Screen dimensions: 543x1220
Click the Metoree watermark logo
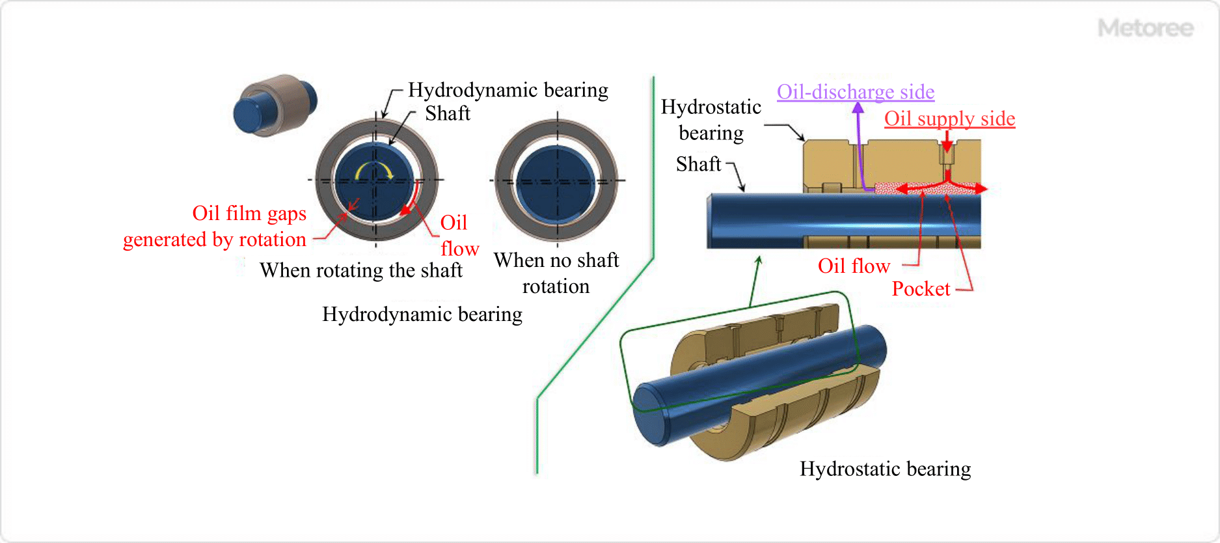[1146, 28]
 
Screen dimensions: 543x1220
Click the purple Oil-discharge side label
[855, 92]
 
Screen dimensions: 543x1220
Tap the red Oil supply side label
[949, 118]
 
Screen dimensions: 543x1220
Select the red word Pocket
[921, 288]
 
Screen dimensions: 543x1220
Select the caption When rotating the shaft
[361, 270]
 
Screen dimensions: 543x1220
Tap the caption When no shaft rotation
[556, 273]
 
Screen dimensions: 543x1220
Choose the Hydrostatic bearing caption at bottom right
[885, 468]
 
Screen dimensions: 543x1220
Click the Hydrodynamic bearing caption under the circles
[422, 314]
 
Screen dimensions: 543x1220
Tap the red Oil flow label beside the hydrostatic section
[854, 266]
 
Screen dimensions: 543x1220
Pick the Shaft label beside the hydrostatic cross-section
[698, 163]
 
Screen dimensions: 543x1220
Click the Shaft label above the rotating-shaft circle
[448, 113]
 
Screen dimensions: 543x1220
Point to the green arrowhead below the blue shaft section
[758, 260]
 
